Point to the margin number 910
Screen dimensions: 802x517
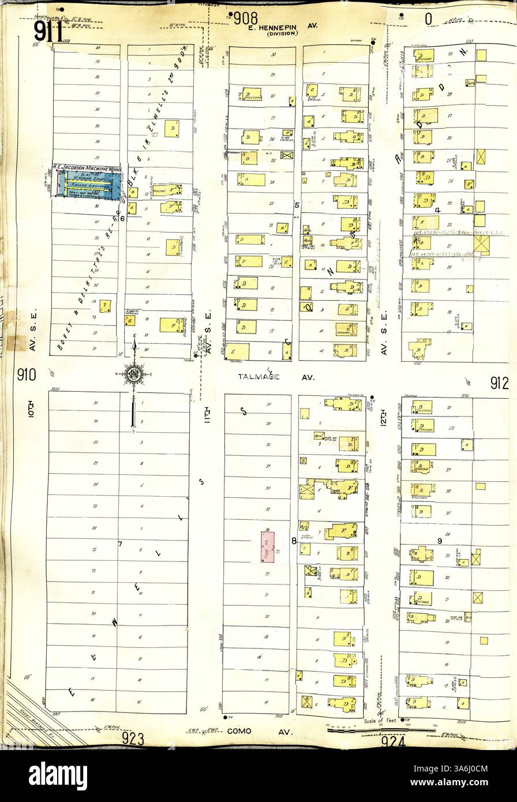[26, 375]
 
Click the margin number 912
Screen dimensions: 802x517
[499, 383]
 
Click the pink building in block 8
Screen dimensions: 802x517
[267, 547]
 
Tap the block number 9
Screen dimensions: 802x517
[439, 541]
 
